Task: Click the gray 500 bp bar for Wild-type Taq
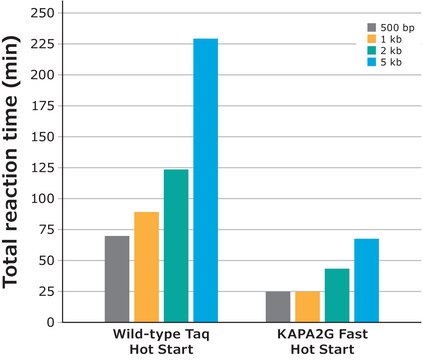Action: click(x=117, y=279)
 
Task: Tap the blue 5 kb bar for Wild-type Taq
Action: click(x=205, y=180)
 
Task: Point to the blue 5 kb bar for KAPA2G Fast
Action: click(x=366, y=280)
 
